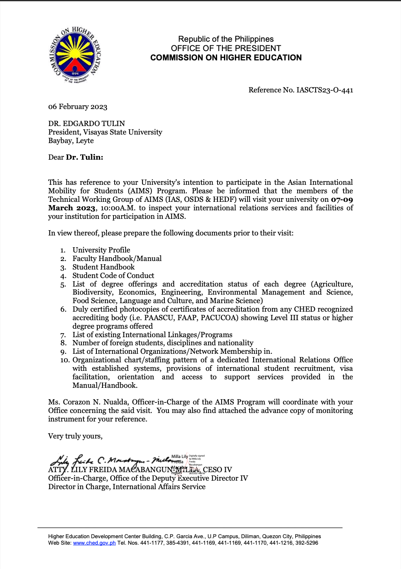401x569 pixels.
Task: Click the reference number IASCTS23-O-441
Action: coord(324,90)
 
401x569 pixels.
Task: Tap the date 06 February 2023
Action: coord(78,107)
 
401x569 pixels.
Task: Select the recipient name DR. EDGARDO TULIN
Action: coord(86,124)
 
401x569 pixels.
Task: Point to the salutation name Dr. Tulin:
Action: coord(84,157)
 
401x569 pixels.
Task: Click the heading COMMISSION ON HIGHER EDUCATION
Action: coord(226,58)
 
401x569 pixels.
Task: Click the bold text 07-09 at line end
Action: coord(342,199)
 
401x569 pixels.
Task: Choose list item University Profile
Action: coord(101,250)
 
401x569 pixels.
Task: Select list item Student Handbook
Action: coord(103,267)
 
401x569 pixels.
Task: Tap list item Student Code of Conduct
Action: coord(113,276)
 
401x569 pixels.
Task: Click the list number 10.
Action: coord(65,360)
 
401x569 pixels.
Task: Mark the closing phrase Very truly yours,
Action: coord(75,436)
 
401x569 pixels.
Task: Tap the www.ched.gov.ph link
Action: coord(94,543)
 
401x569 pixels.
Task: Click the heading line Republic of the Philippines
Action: coord(226,39)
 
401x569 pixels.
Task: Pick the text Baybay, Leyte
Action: coord(71,141)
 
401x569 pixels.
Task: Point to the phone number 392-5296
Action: coord(307,543)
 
